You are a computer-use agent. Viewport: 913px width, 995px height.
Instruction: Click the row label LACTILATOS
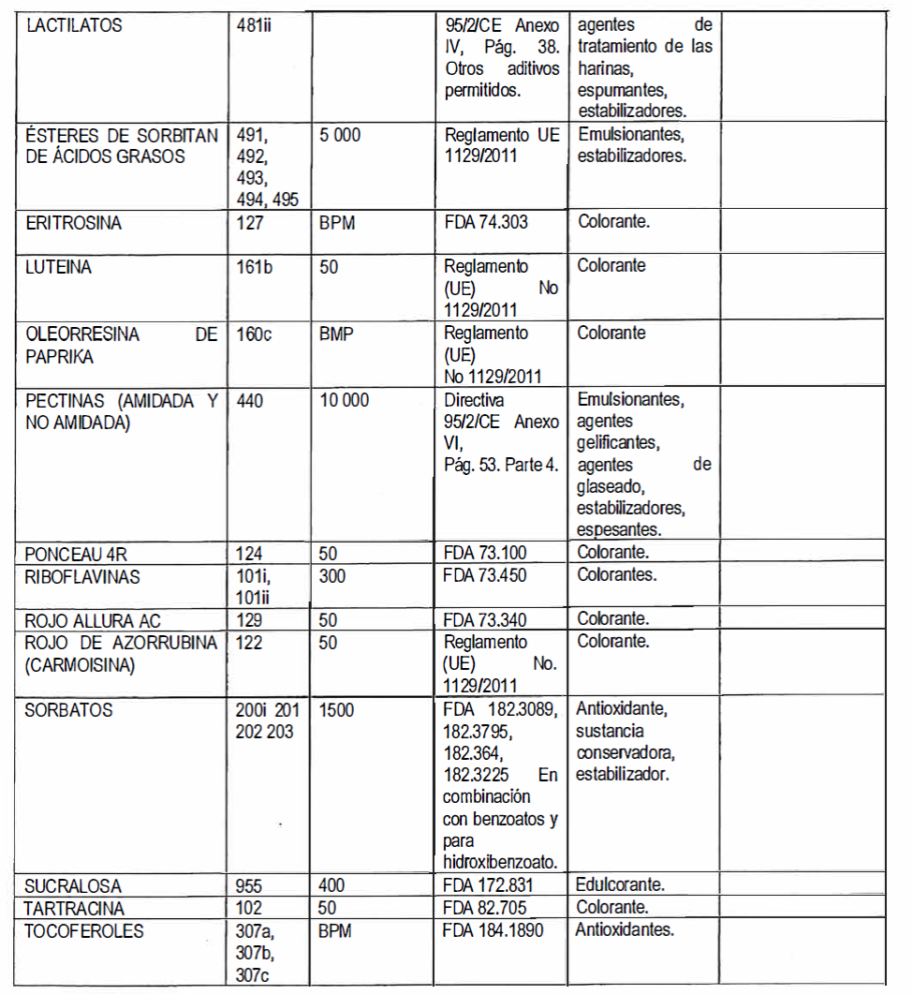(x=75, y=26)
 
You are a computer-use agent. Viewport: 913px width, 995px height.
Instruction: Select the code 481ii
(x=257, y=26)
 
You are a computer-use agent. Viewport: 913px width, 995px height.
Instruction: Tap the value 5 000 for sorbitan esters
(x=339, y=136)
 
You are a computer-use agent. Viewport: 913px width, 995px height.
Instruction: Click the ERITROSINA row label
(x=74, y=225)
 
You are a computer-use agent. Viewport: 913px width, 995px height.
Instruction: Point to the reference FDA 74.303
(x=486, y=225)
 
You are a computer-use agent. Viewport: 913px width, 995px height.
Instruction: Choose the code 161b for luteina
(x=256, y=267)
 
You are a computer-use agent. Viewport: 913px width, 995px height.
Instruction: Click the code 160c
(x=256, y=334)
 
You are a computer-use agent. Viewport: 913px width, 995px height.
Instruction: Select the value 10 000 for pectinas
(x=344, y=401)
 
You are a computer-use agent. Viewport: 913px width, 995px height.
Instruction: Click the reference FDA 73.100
(x=486, y=553)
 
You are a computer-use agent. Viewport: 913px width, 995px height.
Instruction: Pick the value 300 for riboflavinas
(x=332, y=576)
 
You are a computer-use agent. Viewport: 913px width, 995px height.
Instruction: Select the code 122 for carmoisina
(x=252, y=643)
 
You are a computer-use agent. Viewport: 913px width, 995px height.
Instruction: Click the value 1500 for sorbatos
(x=336, y=710)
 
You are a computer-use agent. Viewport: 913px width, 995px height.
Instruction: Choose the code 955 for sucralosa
(x=252, y=885)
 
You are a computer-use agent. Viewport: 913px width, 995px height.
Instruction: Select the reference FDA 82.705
(x=486, y=908)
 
